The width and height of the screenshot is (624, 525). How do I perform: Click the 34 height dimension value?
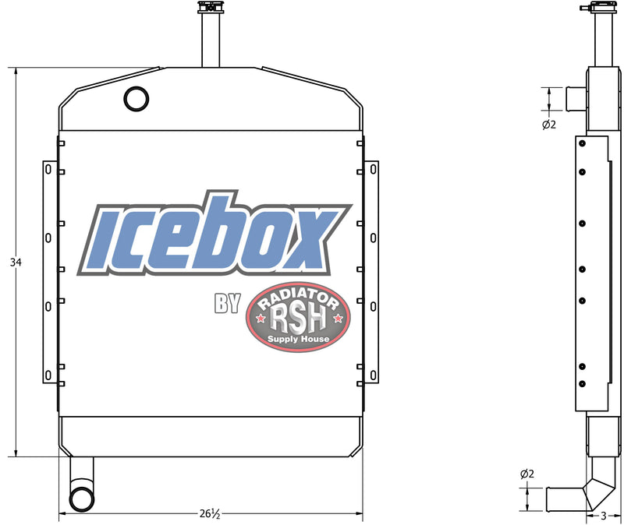(x=16, y=262)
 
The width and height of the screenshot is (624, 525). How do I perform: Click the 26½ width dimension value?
(x=210, y=514)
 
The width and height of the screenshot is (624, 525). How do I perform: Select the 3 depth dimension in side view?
(x=604, y=515)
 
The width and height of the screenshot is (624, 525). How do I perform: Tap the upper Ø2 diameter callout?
(x=549, y=125)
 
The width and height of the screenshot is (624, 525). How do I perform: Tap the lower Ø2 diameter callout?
(x=527, y=474)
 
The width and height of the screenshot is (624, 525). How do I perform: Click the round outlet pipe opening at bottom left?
(x=80, y=499)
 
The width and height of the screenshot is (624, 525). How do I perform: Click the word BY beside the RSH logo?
(x=227, y=305)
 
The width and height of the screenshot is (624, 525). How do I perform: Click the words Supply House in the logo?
(x=299, y=339)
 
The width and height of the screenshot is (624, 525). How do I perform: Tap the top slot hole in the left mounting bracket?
(x=48, y=169)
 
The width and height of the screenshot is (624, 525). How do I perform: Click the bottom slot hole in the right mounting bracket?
(x=373, y=375)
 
